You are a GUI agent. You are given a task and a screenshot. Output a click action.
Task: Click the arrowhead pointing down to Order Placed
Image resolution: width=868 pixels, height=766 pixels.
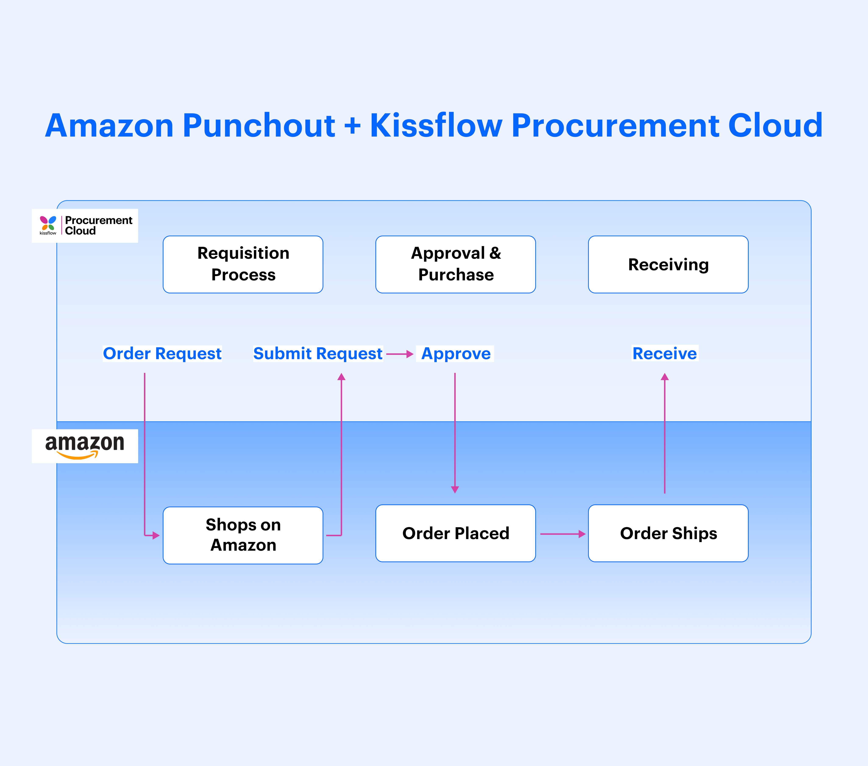pyautogui.click(x=455, y=489)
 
